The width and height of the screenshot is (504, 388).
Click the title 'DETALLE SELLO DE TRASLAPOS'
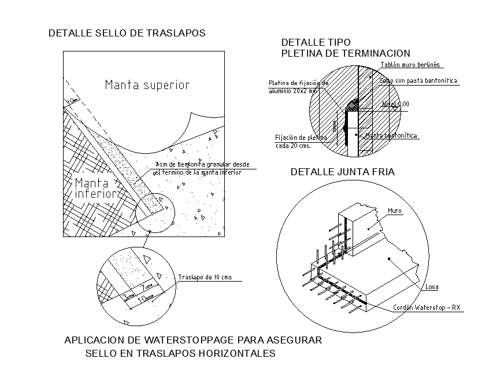coord(127,34)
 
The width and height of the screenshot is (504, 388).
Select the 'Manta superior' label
coord(147,85)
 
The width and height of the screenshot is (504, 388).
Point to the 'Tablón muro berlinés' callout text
coord(410,65)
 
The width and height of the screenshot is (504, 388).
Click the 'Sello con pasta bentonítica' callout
coord(418,81)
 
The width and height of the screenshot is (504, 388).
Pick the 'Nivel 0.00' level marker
coord(396,104)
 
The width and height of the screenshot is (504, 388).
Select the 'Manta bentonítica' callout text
coord(391,136)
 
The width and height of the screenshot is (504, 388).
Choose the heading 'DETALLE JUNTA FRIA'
coord(342,172)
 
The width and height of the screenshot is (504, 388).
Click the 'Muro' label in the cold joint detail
coord(395,211)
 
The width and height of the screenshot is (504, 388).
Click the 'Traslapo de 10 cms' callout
coord(205,277)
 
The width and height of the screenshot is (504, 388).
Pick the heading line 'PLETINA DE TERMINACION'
coord(345,53)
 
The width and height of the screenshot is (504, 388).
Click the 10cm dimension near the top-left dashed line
coord(72,102)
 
